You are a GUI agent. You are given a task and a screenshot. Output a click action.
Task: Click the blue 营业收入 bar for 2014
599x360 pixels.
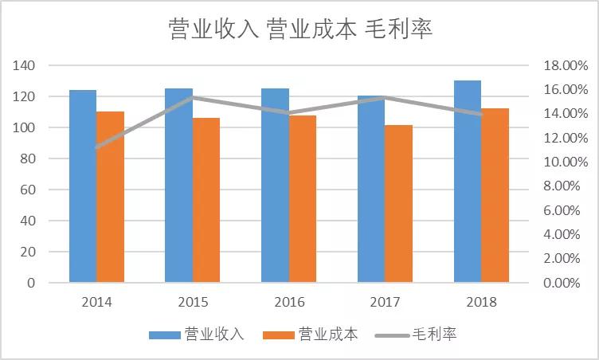point(83,186)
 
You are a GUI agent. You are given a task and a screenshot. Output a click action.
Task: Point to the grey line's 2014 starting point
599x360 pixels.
point(96,147)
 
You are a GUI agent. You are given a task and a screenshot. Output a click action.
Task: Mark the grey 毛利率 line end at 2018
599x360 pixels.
point(481,114)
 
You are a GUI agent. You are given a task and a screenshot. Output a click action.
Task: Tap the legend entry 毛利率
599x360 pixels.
point(434,334)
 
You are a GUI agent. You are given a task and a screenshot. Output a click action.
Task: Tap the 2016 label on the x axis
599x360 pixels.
point(288,303)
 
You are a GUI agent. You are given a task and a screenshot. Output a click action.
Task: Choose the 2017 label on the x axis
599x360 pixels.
point(385,303)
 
